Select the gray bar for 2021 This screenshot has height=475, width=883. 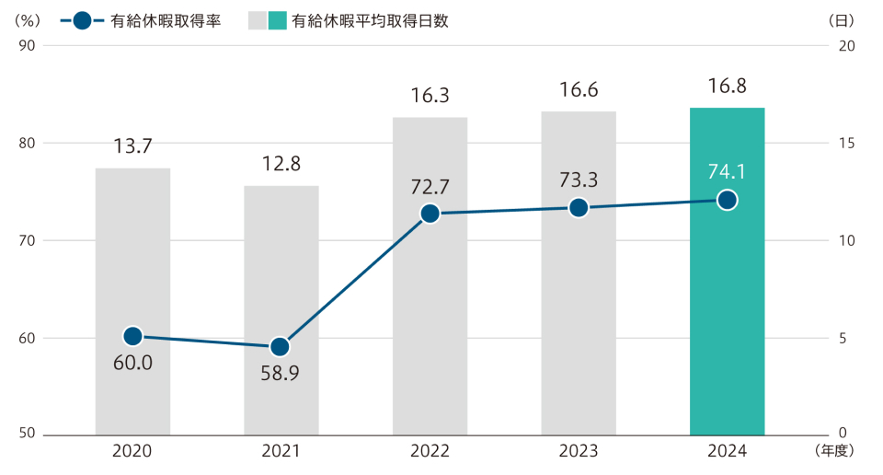[281, 276]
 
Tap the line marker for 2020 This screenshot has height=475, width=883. [132, 336]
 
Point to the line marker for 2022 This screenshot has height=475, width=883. [430, 214]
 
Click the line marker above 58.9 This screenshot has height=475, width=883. [281, 347]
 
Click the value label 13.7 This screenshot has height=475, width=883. [132, 146]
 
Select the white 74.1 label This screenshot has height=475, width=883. [727, 170]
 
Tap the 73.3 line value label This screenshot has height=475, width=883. [578, 180]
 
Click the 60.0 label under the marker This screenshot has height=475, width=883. [132, 363]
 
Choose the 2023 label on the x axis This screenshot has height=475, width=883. [578, 451]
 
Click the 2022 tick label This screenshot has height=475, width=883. [430, 451]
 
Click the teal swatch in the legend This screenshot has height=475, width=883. [278, 20]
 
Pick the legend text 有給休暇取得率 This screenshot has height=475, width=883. [172, 20]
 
